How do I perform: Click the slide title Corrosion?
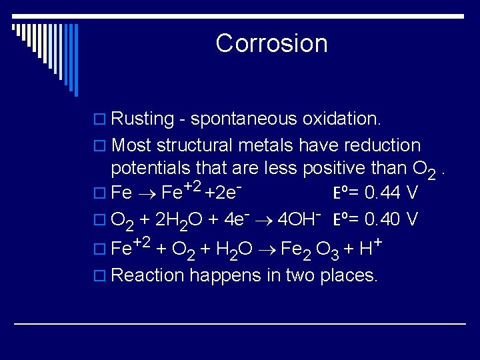(271, 43)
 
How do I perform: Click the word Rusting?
(143, 119)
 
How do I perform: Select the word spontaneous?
(244, 119)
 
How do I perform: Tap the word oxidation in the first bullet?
(341, 119)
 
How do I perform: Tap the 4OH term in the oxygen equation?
(299, 218)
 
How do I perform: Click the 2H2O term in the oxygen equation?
(177, 219)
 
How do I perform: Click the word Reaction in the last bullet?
(147, 275)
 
